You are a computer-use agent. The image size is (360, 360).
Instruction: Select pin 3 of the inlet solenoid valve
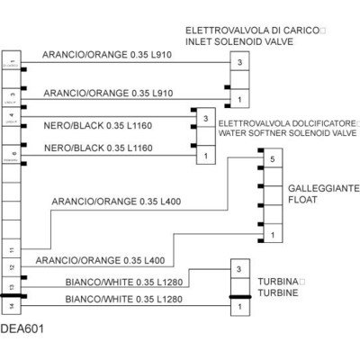(239, 63)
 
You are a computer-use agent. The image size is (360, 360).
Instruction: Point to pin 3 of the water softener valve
(206, 119)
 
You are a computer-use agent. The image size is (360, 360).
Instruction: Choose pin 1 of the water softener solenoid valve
(206, 157)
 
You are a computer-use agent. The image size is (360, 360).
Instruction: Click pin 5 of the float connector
(271, 159)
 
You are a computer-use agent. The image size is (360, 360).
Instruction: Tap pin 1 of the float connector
(271, 236)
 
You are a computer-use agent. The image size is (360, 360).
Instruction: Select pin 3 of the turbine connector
(238, 270)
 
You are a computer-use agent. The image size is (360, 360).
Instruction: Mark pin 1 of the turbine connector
(238, 308)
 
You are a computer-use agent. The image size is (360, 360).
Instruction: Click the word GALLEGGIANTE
(323, 188)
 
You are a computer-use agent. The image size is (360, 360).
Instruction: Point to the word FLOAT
(304, 201)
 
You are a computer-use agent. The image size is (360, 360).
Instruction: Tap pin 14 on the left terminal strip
(11, 307)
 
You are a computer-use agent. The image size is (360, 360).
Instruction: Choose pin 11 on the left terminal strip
(11, 248)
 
